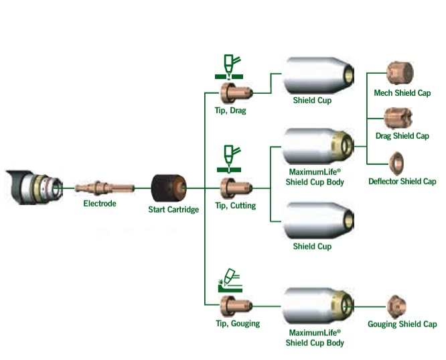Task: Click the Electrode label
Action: (99, 203)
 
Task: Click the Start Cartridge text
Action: (173, 210)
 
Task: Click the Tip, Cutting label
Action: (235, 206)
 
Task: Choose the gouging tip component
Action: (232, 306)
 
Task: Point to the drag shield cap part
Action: (398, 118)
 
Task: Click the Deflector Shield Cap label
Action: (402, 182)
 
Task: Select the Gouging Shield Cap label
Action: (402, 324)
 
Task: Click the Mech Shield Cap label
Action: (402, 93)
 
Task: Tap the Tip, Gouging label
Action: (237, 324)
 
